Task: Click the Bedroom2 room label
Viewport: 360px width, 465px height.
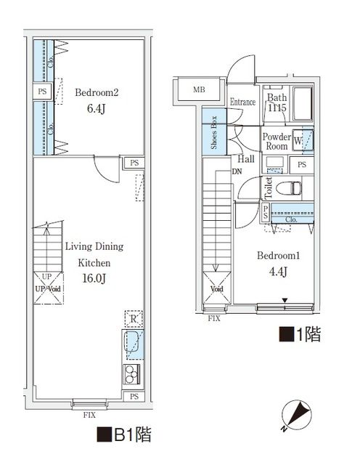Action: click(97, 92)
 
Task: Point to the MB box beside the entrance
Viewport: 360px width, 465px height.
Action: click(199, 90)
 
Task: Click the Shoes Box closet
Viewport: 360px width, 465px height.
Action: click(213, 132)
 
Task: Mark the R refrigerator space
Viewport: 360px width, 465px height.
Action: click(134, 318)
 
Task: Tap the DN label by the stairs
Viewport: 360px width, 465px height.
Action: click(237, 172)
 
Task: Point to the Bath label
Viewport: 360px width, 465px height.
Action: click(277, 98)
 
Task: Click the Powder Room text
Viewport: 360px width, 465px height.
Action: click(277, 141)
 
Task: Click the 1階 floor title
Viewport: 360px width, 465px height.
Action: click(300, 335)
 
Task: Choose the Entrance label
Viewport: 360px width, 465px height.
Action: click(242, 102)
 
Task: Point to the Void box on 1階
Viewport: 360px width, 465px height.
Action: click(216, 288)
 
